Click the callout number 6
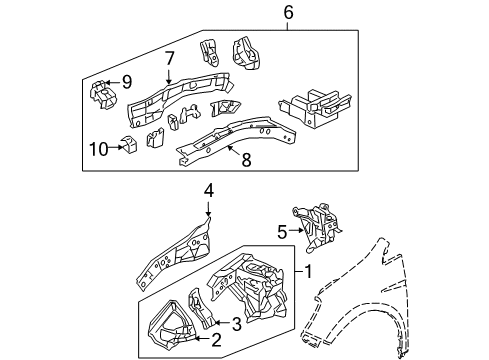pos(289,12)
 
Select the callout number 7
pos(169,60)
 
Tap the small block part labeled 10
pos(127,148)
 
